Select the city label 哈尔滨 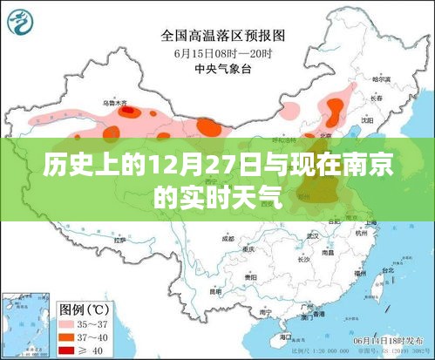(x=380, y=79)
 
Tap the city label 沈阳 (x=366, y=119)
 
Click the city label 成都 (x=228, y=237)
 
